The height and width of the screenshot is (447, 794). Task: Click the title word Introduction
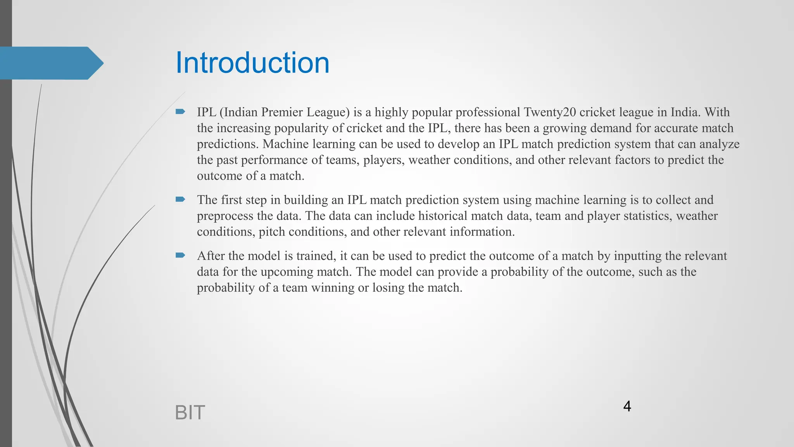(x=252, y=63)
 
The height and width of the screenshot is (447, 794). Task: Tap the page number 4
(x=627, y=406)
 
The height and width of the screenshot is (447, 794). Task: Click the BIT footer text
(x=190, y=412)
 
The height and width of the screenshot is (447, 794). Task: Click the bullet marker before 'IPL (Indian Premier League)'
(x=180, y=112)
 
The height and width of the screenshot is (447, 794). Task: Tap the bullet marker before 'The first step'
(x=180, y=199)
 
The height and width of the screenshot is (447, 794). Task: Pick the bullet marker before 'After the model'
(x=180, y=255)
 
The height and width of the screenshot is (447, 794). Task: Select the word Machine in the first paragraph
(x=286, y=144)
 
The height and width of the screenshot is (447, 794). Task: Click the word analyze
(x=719, y=144)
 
